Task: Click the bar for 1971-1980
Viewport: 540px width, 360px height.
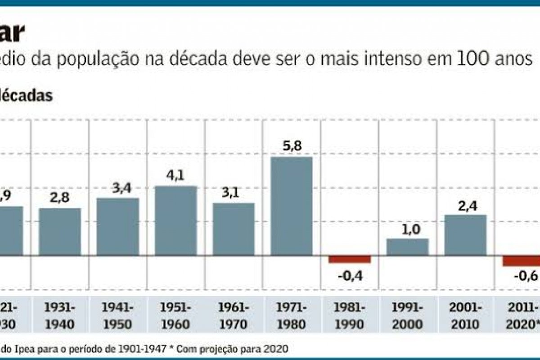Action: [x=291, y=206]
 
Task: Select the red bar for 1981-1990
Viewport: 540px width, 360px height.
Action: [x=349, y=259]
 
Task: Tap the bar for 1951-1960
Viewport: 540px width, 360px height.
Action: [x=175, y=221]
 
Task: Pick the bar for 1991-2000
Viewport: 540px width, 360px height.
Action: [x=407, y=247]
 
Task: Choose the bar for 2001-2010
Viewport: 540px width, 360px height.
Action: [x=465, y=235]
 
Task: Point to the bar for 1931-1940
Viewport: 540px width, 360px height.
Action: [x=60, y=232]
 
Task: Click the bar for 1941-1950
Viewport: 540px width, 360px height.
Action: [x=117, y=227]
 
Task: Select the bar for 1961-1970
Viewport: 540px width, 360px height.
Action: [x=234, y=229]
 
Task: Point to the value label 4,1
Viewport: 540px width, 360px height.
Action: [x=175, y=175]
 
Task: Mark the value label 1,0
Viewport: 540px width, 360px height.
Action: [x=407, y=229]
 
